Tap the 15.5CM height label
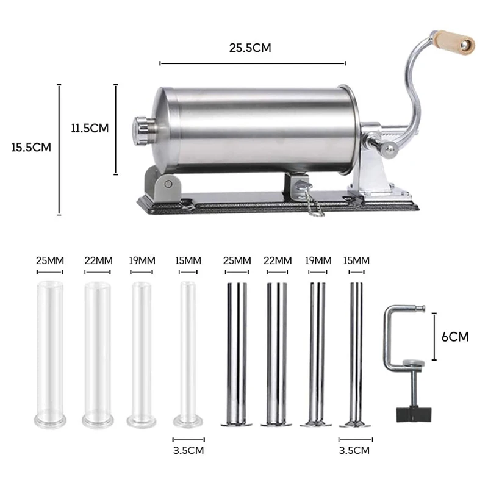(x=30, y=147)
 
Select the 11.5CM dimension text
(x=89, y=128)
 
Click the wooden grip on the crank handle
(x=453, y=41)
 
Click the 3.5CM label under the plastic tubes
(x=188, y=450)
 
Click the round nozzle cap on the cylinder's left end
(x=139, y=127)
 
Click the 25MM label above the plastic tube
(x=49, y=260)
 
